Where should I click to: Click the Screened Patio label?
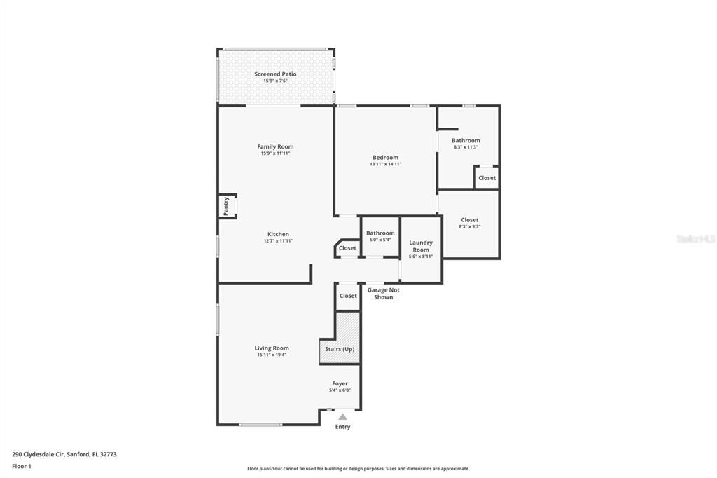(x=275, y=74)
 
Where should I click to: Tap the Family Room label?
(x=275, y=147)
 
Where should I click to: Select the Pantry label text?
(x=226, y=205)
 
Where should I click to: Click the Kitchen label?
(x=278, y=234)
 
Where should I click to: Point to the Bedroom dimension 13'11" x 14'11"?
(x=385, y=164)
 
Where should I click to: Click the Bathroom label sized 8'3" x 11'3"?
(x=466, y=141)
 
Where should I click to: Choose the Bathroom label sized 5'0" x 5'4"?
(x=380, y=233)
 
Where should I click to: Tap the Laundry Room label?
(x=421, y=246)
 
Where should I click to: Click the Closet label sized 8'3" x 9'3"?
(x=469, y=220)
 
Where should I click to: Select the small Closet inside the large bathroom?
(x=487, y=178)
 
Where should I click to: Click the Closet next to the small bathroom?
(x=347, y=248)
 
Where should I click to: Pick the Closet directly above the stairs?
(x=348, y=296)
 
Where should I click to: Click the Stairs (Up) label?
(x=340, y=349)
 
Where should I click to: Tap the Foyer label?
(x=340, y=383)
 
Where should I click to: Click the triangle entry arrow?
(x=342, y=417)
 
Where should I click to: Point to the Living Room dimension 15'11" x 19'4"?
(x=272, y=355)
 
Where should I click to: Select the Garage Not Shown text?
(x=383, y=293)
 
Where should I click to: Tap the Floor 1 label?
(x=22, y=466)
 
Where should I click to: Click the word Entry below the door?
(x=342, y=427)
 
